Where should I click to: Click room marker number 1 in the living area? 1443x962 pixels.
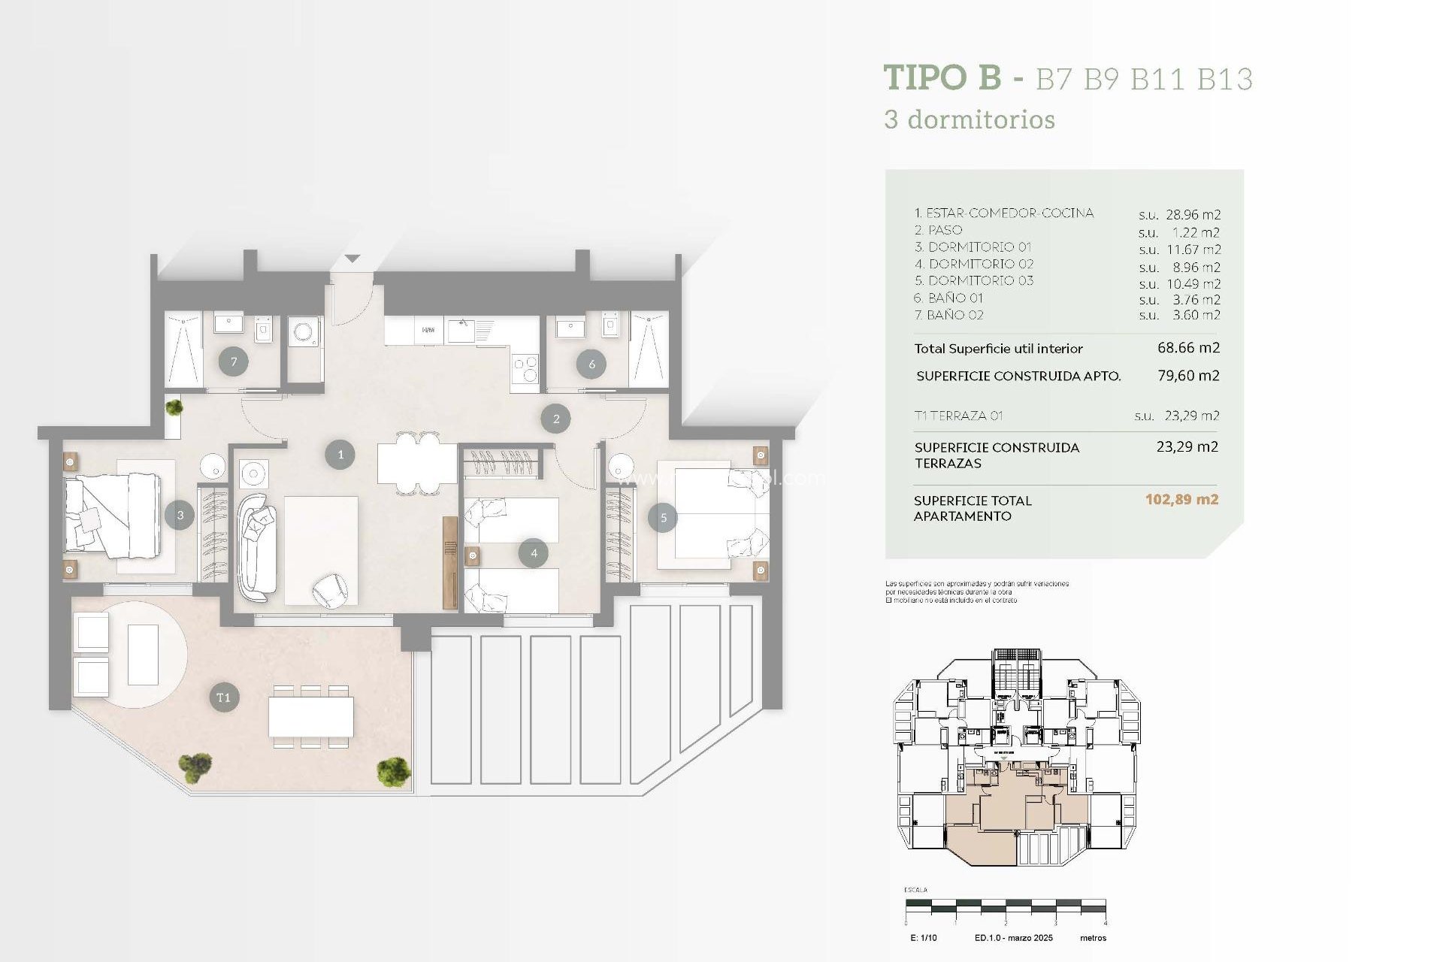tap(340, 455)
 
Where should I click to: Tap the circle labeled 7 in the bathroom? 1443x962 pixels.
tap(234, 362)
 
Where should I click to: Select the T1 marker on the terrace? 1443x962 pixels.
tap(223, 697)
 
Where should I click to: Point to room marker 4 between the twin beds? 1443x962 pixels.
tap(534, 553)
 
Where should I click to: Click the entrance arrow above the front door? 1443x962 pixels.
tap(352, 259)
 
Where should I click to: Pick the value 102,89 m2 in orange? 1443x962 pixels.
tap(1181, 500)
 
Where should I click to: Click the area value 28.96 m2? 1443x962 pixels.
tap(1193, 215)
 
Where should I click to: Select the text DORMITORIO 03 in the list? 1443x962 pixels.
tap(980, 280)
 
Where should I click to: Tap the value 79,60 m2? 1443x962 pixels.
tap(1188, 375)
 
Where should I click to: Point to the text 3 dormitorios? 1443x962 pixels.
tap(970, 120)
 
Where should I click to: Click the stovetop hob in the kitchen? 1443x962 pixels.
tap(525, 368)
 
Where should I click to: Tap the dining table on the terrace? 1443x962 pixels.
tap(311, 716)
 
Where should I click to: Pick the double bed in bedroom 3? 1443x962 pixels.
tap(113, 516)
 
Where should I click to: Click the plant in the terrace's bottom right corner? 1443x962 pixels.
tap(393, 772)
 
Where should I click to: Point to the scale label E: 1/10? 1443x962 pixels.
tap(923, 938)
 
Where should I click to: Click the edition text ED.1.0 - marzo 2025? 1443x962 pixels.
tap(1013, 938)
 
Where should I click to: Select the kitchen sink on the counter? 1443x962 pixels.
tap(461, 329)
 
